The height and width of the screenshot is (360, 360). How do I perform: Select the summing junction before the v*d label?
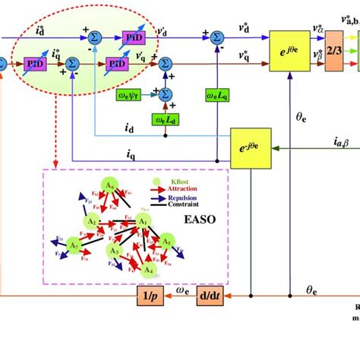pos(216,36)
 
